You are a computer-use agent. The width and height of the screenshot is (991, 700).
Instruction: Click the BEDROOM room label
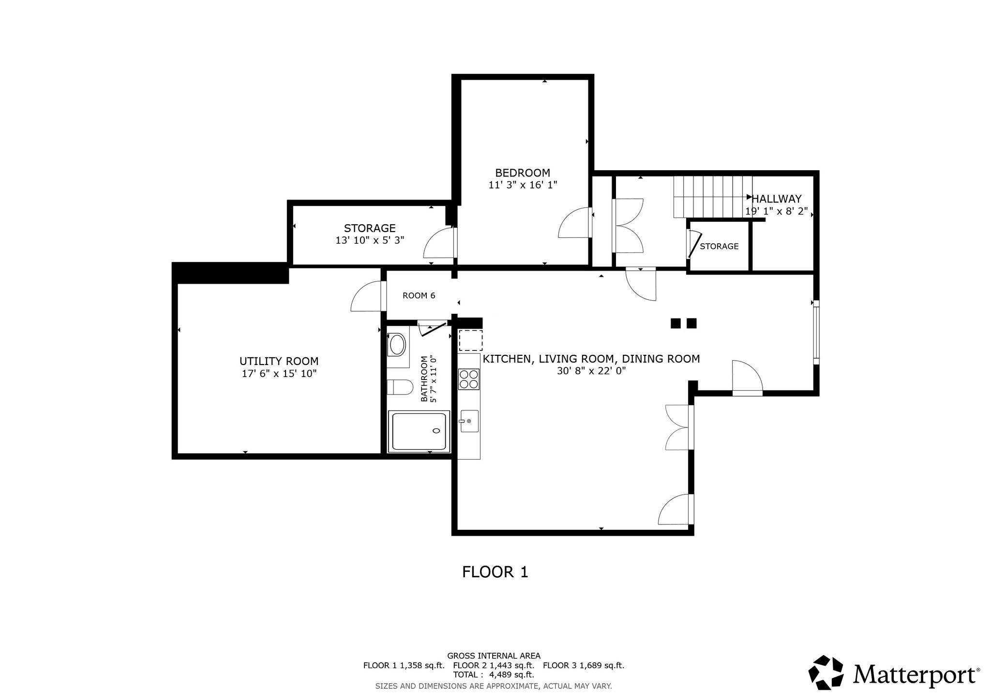[x=523, y=173]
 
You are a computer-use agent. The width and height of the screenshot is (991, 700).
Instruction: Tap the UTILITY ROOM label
[x=279, y=361]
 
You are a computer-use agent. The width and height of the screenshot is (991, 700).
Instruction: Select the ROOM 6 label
[x=419, y=295]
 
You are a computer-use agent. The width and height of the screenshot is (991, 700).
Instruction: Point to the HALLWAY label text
[x=777, y=199]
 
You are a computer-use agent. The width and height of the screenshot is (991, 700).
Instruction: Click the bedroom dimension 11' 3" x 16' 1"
[x=523, y=185]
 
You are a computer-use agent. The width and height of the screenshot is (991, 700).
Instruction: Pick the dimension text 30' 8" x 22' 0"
[x=591, y=371]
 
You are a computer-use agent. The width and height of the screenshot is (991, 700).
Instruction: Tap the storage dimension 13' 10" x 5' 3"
[x=370, y=240]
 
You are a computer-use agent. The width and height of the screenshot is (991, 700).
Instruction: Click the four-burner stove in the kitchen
[x=468, y=379]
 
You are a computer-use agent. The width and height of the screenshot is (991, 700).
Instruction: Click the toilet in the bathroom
[x=400, y=387]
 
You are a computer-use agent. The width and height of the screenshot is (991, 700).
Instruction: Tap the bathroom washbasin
[x=398, y=345]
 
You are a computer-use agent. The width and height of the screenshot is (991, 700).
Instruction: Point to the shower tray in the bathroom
[x=419, y=431]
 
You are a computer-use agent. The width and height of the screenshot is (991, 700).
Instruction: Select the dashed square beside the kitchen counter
[x=470, y=340]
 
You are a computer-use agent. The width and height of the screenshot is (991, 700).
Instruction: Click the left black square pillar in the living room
[x=676, y=323]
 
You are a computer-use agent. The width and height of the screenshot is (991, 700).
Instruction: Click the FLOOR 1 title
[x=495, y=572]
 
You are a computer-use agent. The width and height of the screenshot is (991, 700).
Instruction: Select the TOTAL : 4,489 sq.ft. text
[x=494, y=674]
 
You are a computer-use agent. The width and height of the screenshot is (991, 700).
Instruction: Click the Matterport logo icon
[x=827, y=672]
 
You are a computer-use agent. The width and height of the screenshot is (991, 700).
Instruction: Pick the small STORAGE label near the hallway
[x=719, y=246]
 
